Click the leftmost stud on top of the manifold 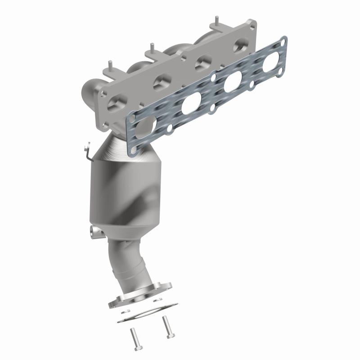pyautogui.click(x=109, y=68)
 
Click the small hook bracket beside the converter pyautogui.click(x=88, y=152)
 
